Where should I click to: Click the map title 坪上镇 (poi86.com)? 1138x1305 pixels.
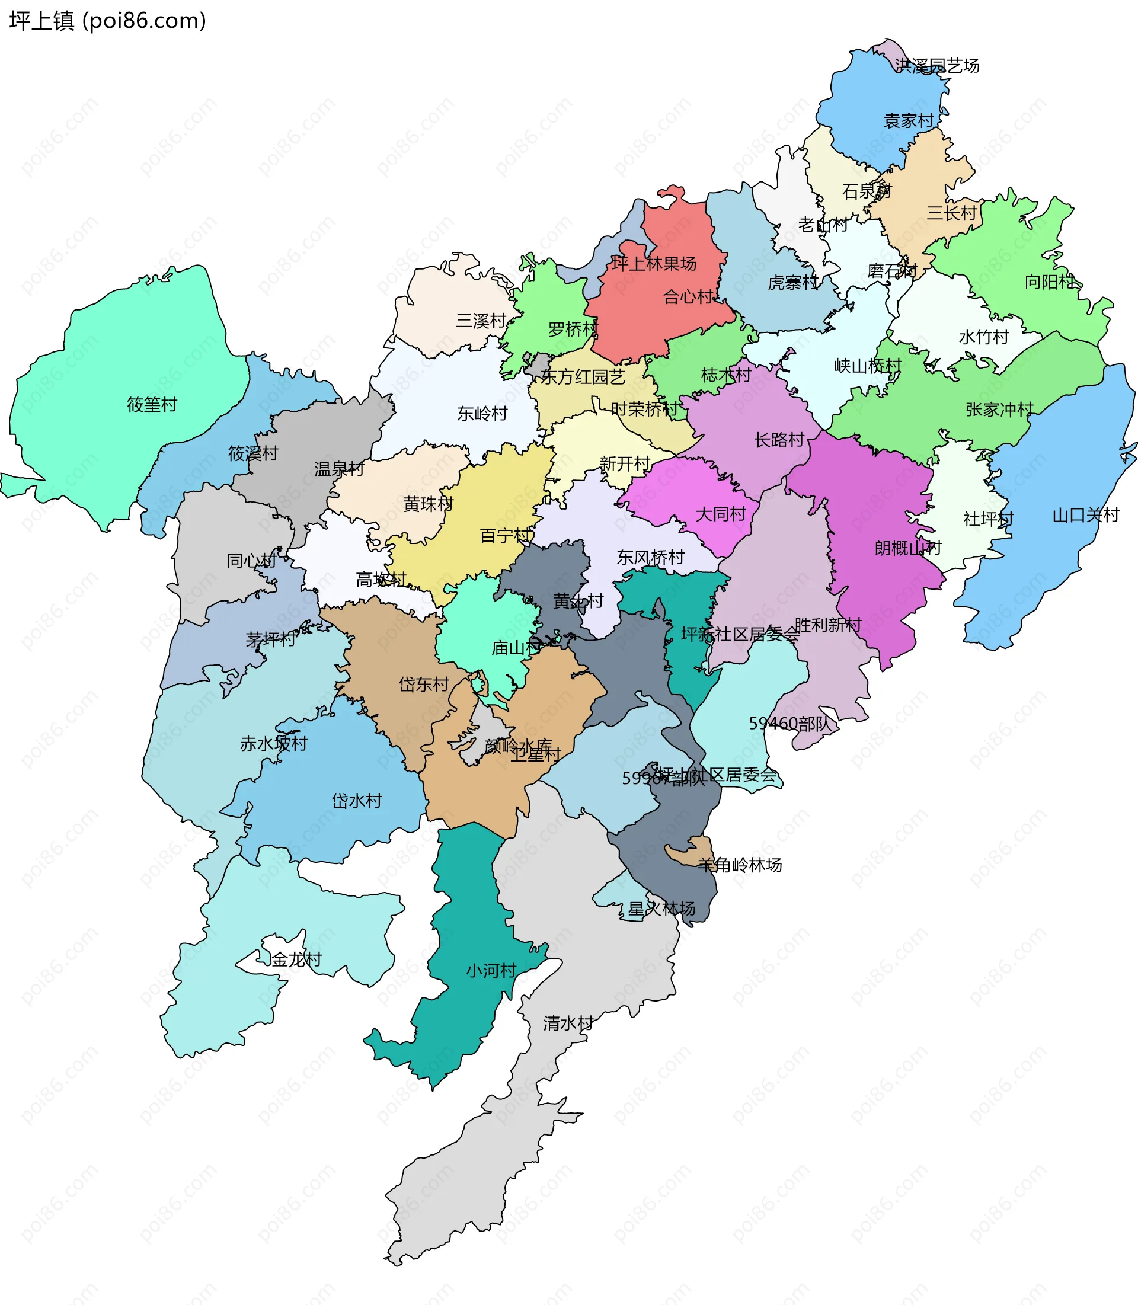pyautogui.click(x=107, y=21)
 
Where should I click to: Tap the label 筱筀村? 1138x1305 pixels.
pyautogui.click(x=152, y=405)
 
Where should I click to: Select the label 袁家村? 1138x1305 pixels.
pyautogui.click(x=909, y=121)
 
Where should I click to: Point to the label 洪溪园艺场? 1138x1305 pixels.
pyautogui.click(x=936, y=66)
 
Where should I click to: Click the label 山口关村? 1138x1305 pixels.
pyautogui.click(x=1085, y=515)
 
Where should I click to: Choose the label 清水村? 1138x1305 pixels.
pyautogui.click(x=568, y=1023)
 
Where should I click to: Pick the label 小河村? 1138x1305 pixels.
pyautogui.click(x=491, y=970)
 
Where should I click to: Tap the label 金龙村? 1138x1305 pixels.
pyautogui.click(x=296, y=959)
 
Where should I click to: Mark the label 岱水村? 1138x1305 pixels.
pyautogui.click(x=357, y=801)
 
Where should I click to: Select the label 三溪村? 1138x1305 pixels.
pyautogui.click(x=481, y=321)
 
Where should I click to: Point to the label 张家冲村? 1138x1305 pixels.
pyautogui.click(x=999, y=410)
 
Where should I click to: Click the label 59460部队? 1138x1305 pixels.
pyautogui.click(x=789, y=723)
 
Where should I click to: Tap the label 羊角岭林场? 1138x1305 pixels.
pyautogui.click(x=739, y=865)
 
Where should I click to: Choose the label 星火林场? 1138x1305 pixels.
pyautogui.click(x=661, y=909)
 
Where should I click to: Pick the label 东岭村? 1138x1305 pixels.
pyautogui.click(x=482, y=414)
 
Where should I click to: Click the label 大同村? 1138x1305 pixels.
pyautogui.click(x=720, y=514)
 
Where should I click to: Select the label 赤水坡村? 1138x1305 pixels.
pyautogui.click(x=273, y=744)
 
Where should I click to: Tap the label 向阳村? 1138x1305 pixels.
pyautogui.click(x=1050, y=282)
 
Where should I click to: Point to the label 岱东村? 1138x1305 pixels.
pyautogui.click(x=424, y=684)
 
